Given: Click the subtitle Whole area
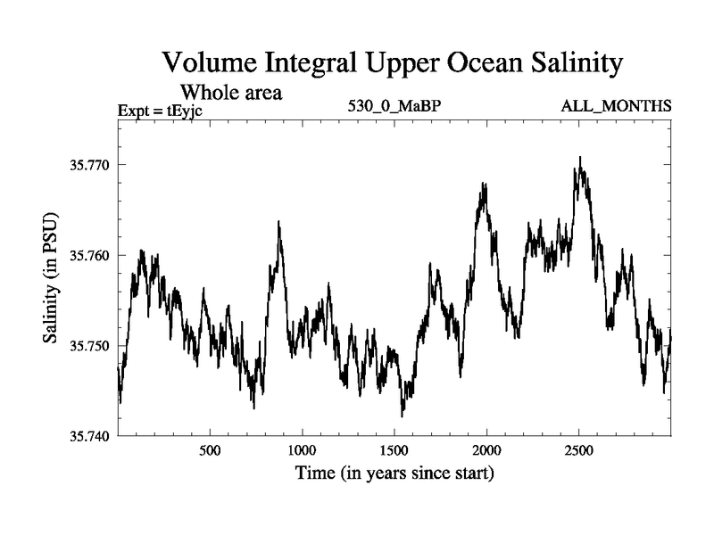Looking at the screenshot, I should (232, 92).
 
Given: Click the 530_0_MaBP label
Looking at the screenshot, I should (395, 107).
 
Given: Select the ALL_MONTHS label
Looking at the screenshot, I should (616, 107).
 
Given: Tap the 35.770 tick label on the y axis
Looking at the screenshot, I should (86, 165).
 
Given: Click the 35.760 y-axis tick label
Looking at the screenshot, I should (86, 255).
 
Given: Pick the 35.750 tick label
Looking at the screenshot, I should (86, 345).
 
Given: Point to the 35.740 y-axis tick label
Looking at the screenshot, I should (86, 435).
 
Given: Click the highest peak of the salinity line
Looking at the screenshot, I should (580, 158).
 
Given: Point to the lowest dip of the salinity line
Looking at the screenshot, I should (403, 416).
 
